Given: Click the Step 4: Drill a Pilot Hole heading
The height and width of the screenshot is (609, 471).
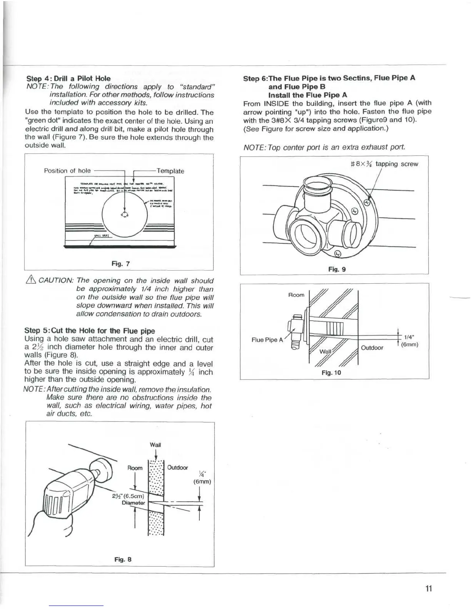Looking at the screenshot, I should click(67, 78).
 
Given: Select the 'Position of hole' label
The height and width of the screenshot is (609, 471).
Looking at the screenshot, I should click(67, 171).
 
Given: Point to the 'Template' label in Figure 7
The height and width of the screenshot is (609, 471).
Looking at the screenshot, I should click(170, 171).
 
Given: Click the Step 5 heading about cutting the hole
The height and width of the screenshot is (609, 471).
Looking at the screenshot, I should click(89, 331).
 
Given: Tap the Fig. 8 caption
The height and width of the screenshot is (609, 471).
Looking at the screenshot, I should click(123, 559).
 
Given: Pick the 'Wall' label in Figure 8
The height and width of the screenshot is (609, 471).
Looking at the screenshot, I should click(155, 445).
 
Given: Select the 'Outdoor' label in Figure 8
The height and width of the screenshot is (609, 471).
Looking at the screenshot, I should click(177, 468).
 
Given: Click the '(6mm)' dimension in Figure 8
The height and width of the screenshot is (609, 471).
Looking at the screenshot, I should click(202, 482).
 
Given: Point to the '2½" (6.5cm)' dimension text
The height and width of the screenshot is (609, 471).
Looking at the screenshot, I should click(127, 496).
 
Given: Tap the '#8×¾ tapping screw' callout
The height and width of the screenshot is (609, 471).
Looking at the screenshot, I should click(384, 164).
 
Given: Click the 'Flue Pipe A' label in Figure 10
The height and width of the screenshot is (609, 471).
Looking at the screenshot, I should click(267, 340).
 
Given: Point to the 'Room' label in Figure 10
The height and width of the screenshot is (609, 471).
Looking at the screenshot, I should click(296, 295).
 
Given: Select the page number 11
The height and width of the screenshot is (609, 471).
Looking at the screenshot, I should click(429, 589).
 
